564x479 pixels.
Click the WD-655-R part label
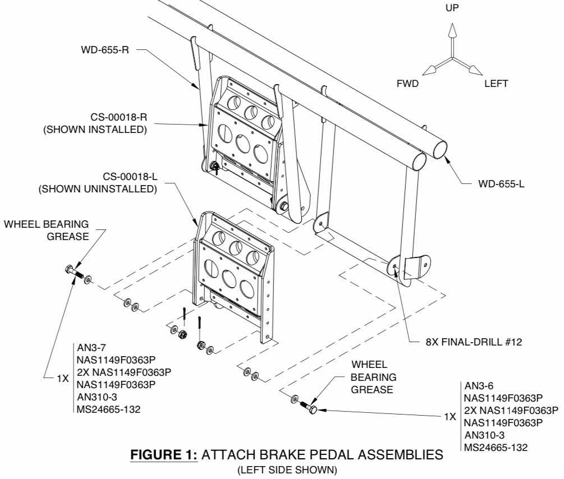[x=105, y=49]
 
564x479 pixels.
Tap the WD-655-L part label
[x=501, y=184]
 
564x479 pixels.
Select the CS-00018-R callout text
[x=119, y=117]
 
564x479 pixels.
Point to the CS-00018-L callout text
[x=130, y=177]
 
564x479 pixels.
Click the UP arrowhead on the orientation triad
[x=452, y=30]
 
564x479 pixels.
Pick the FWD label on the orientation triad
[x=407, y=84]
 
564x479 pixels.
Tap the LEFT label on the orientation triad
[x=496, y=84]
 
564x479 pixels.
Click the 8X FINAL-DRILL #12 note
[x=474, y=342]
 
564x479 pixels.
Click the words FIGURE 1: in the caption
[x=164, y=455]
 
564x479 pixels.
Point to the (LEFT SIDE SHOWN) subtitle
[x=287, y=470]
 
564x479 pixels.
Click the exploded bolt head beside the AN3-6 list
[x=313, y=409]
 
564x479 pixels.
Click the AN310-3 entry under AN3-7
[x=97, y=397]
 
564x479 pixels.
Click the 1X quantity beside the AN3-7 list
[x=63, y=379]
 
